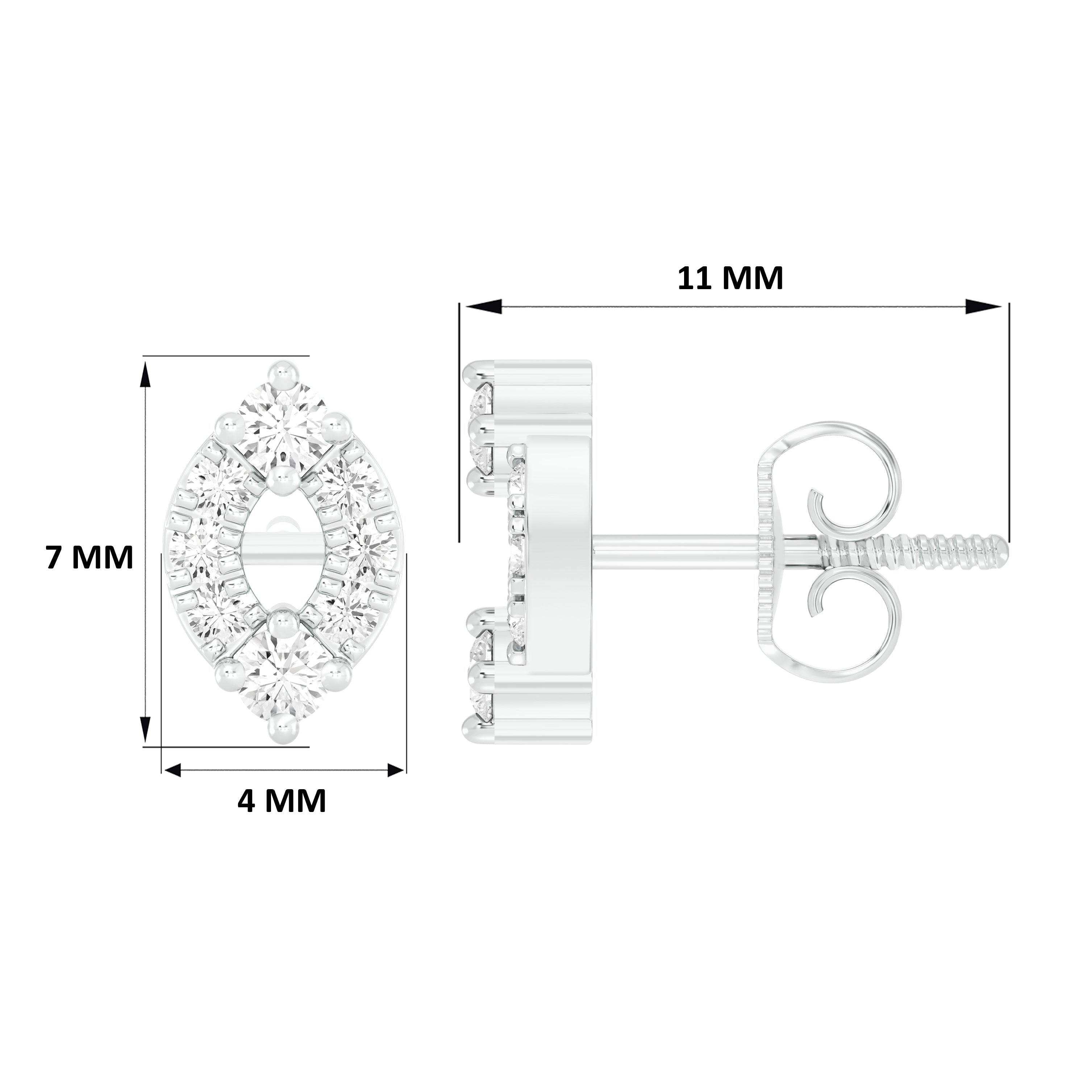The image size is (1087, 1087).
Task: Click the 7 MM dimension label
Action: click(90, 558)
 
